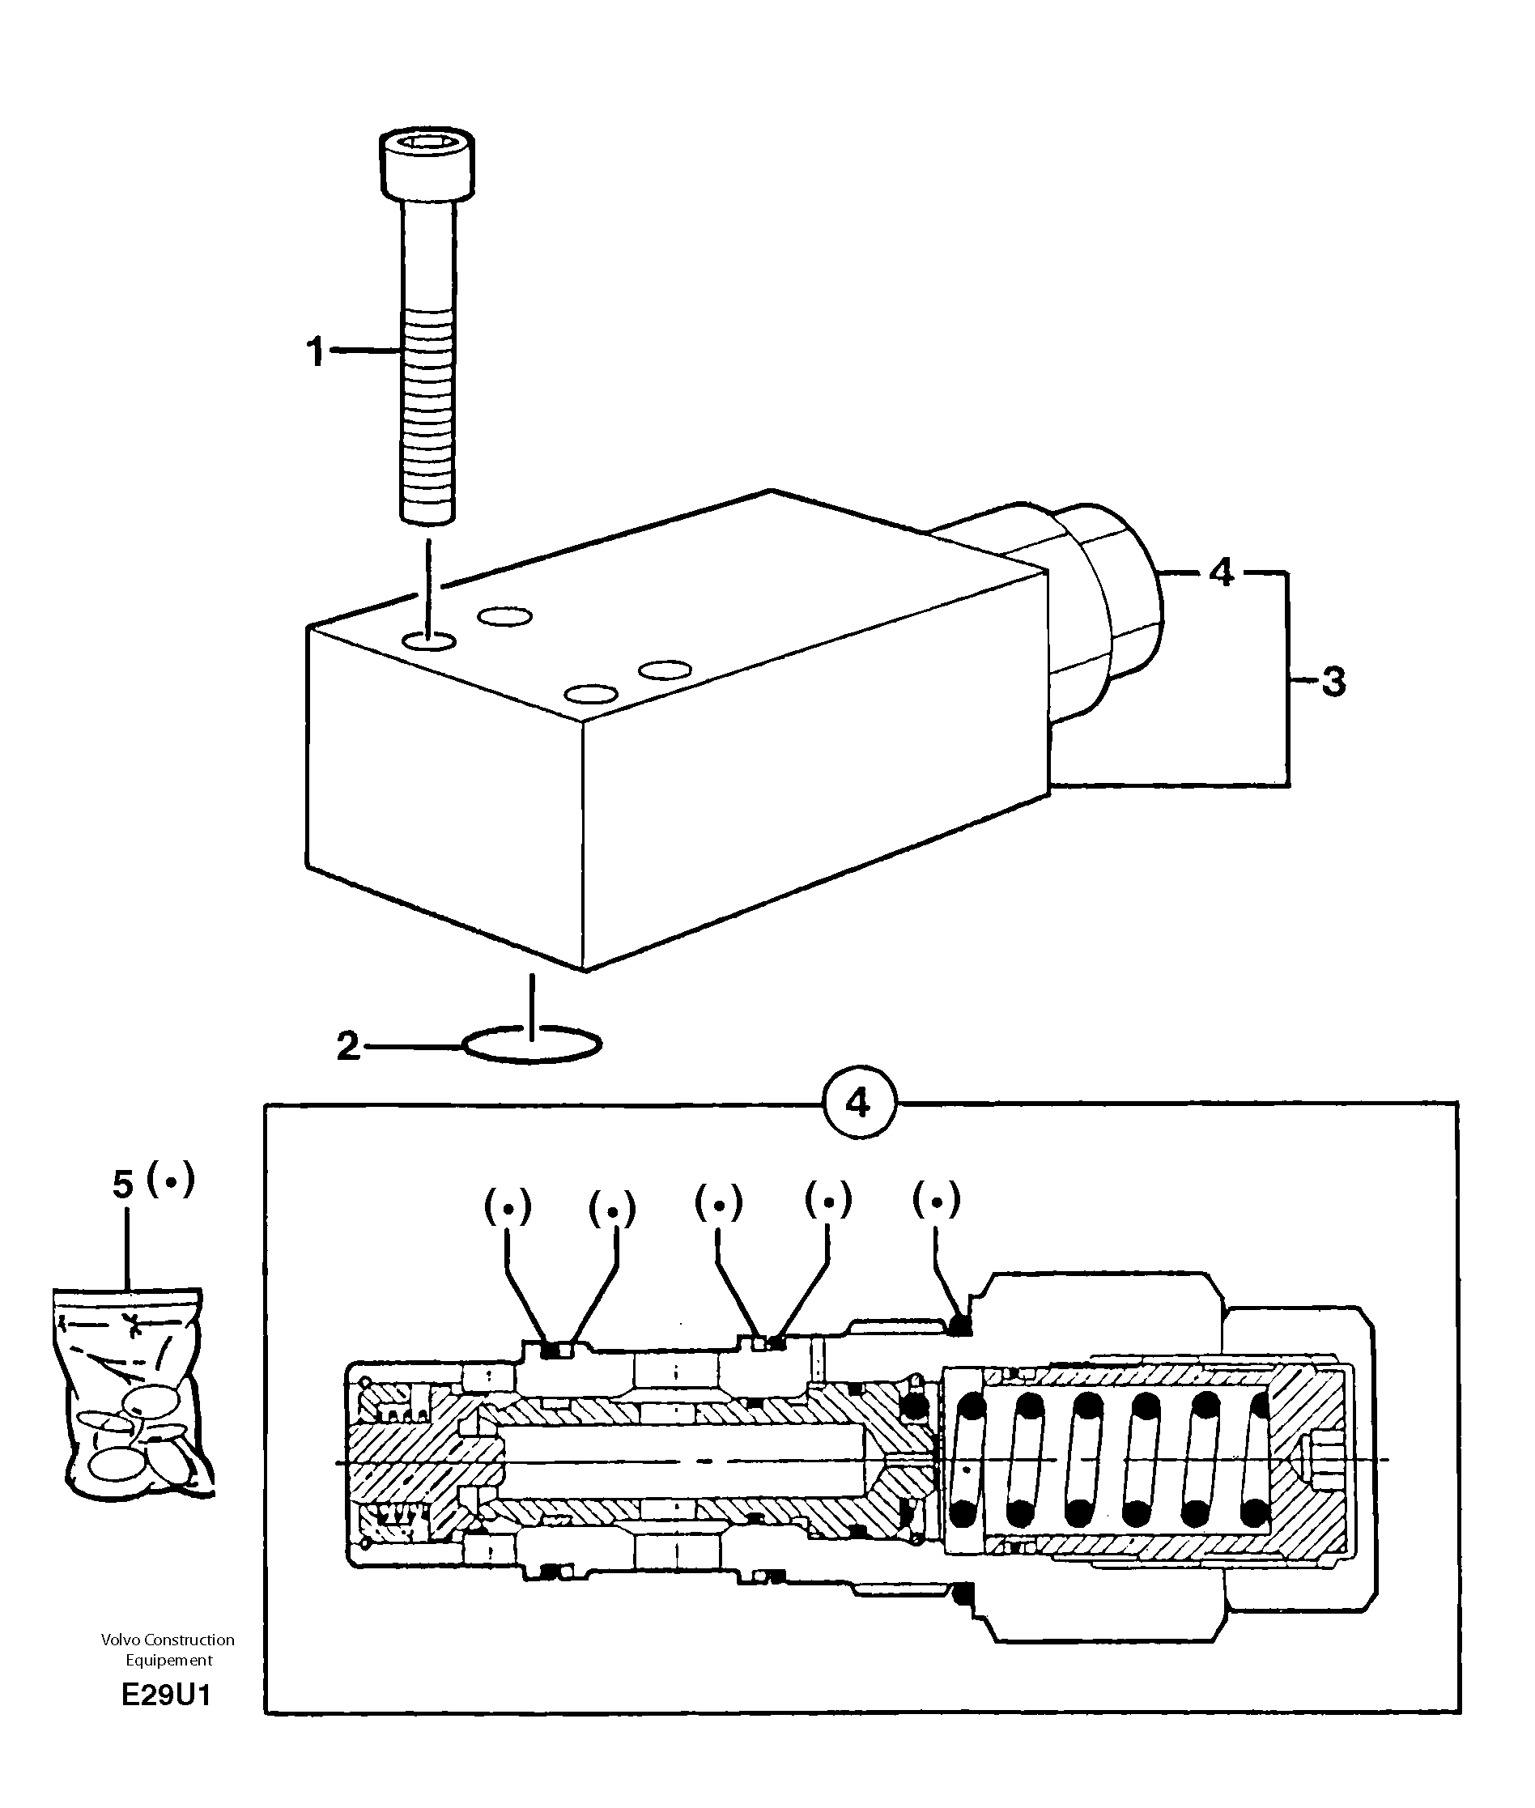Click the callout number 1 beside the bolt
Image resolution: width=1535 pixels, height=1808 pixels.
[315, 352]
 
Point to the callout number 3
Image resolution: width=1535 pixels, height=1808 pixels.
[1333, 682]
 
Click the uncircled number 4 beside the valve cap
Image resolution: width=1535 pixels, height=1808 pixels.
[1222, 572]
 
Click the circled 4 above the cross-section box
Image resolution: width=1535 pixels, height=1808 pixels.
[858, 1104]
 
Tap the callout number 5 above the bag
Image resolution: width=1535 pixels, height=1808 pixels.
[124, 1185]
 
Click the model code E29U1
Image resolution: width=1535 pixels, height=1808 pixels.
[166, 1695]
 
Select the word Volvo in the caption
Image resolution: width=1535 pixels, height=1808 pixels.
[120, 1640]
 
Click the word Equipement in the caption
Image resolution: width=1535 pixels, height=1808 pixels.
[169, 1660]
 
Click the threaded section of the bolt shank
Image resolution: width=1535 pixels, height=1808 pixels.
[427, 418]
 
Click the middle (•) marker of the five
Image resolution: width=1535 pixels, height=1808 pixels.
[719, 1204]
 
